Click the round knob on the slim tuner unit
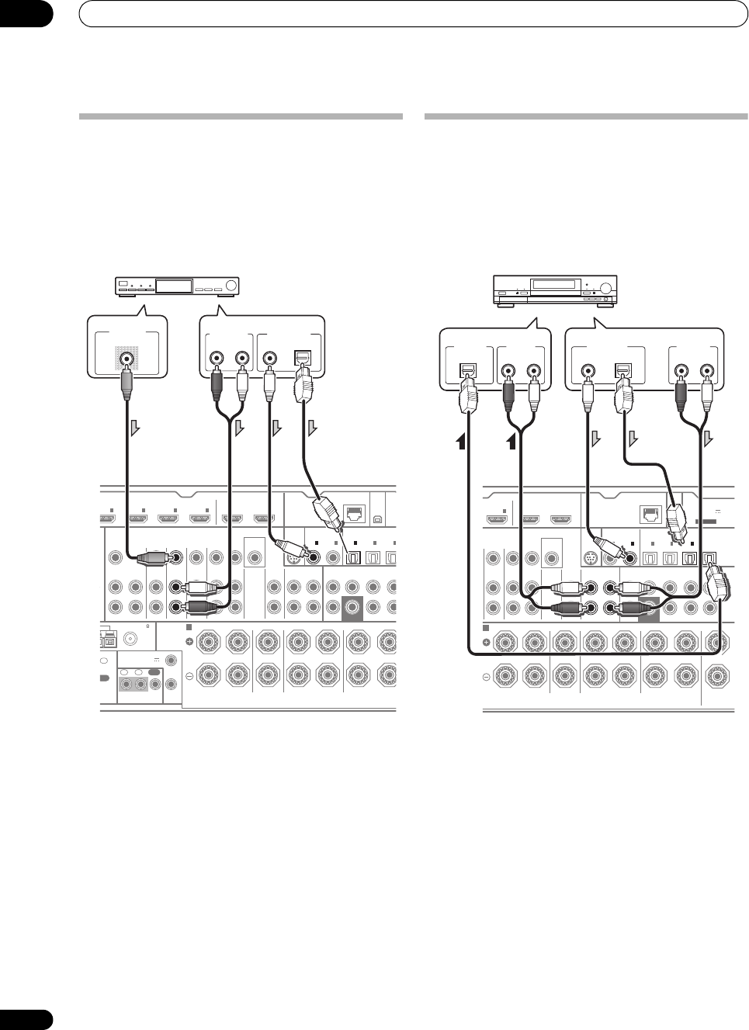pyautogui.click(x=231, y=286)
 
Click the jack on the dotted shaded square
pyautogui.click(x=126, y=359)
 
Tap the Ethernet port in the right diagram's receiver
pyautogui.click(x=647, y=513)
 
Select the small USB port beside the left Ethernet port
pyautogui.click(x=378, y=513)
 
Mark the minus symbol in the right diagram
pyautogui.click(x=487, y=677)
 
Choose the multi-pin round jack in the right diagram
pyautogui.click(x=591, y=558)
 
